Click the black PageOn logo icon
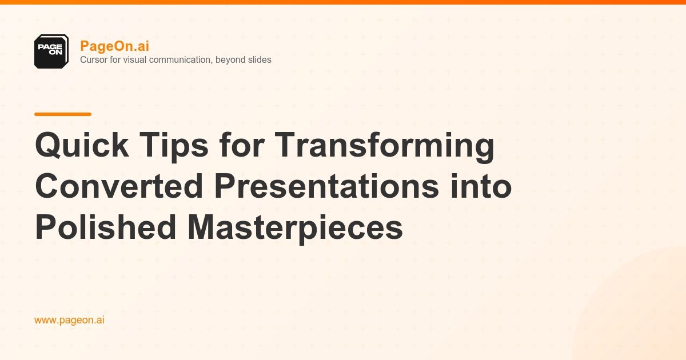51,51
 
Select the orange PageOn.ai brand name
115,46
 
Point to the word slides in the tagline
258,59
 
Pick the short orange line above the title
63,114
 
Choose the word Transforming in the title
385,146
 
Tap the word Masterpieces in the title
295,227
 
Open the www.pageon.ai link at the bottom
69,320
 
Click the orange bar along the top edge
343,2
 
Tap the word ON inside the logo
55,51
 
